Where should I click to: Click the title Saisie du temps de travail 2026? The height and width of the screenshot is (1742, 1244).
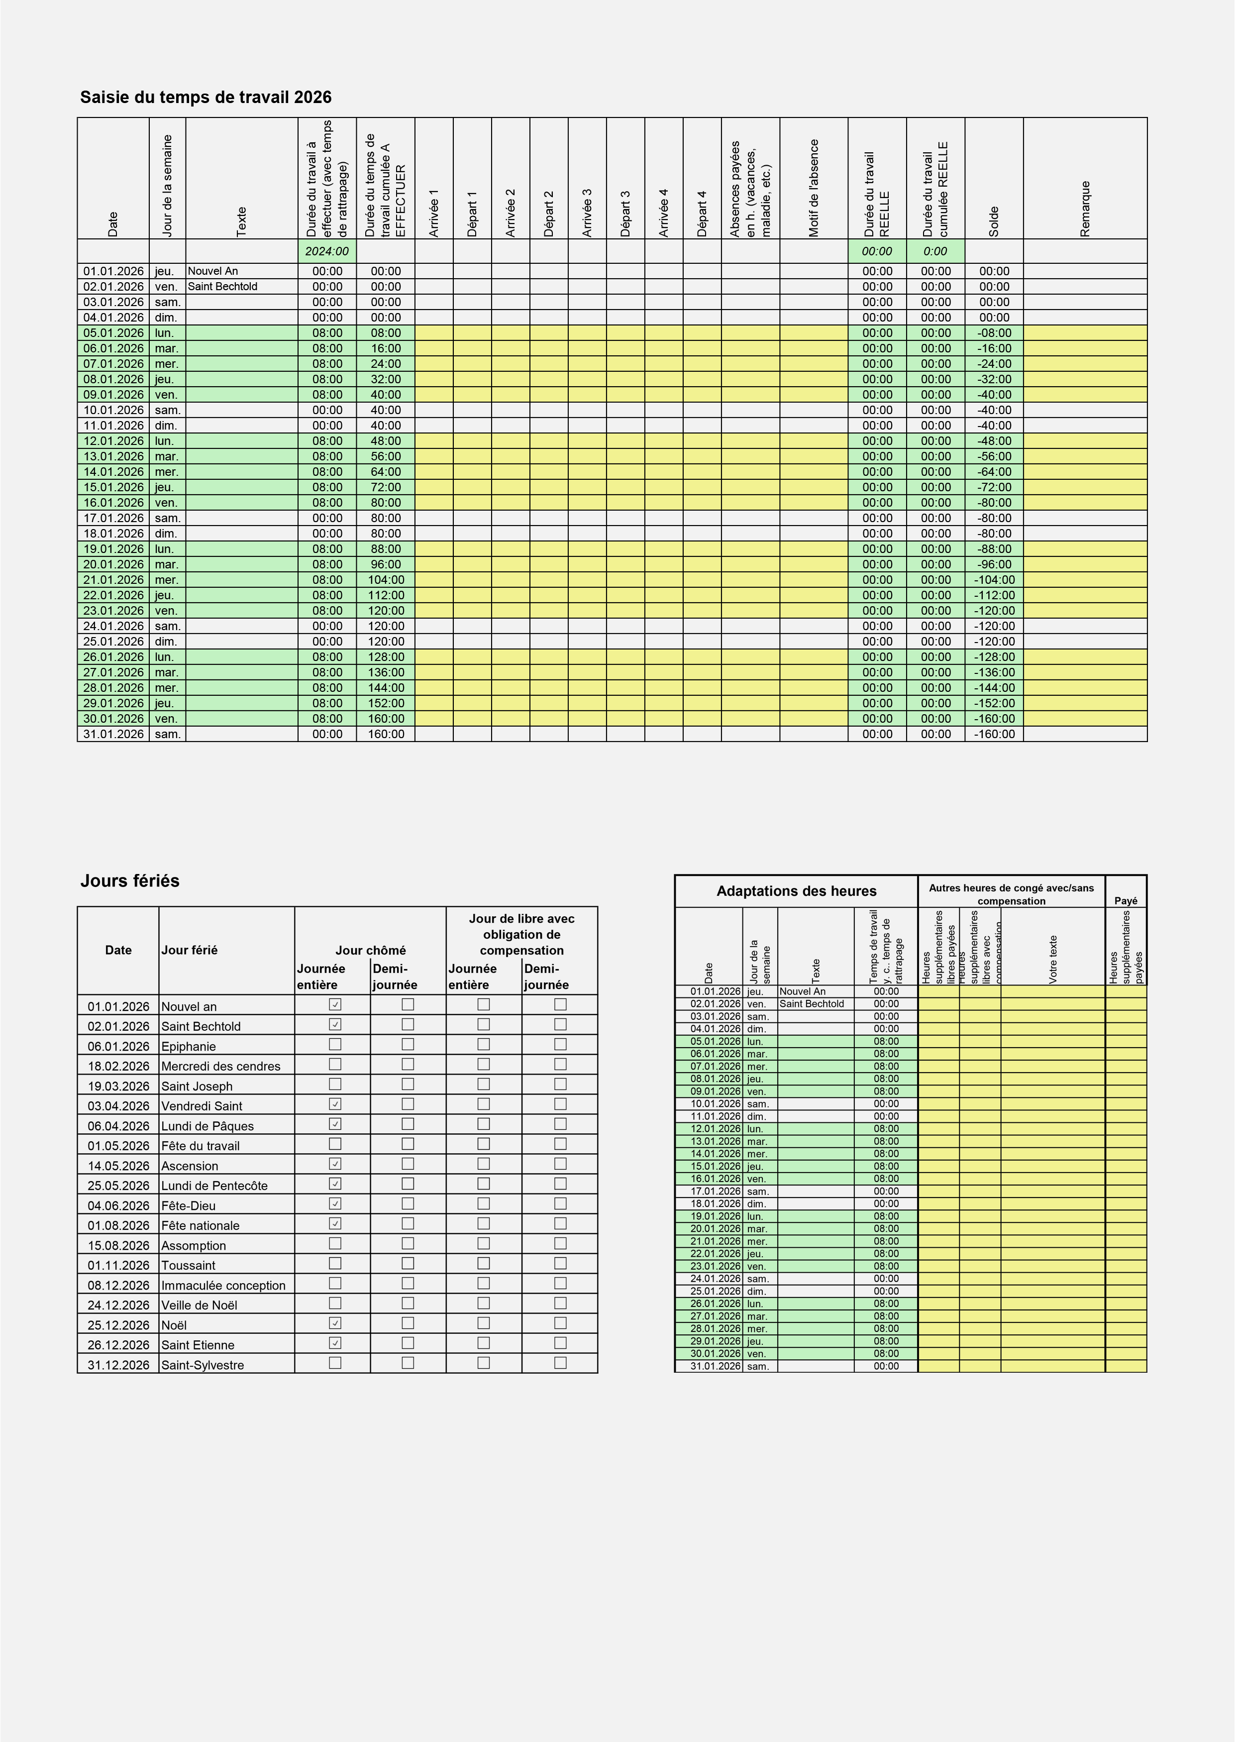(206, 97)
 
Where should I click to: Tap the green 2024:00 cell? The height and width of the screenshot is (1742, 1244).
(326, 251)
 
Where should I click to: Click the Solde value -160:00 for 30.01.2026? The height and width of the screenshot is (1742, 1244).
(994, 719)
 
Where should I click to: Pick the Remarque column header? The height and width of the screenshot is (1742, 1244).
(1085, 209)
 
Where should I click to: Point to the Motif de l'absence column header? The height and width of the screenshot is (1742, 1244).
(814, 188)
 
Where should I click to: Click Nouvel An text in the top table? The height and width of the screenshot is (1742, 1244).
(213, 271)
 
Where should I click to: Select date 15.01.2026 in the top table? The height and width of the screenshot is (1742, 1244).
(113, 487)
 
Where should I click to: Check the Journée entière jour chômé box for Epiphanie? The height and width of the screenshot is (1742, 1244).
(335, 1044)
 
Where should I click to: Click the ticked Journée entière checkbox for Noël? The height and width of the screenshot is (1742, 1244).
(335, 1323)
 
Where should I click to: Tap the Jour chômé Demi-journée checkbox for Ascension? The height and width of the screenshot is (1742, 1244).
(408, 1164)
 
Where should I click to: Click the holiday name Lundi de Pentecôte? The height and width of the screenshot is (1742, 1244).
(214, 1186)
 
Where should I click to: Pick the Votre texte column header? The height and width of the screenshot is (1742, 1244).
(1052, 959)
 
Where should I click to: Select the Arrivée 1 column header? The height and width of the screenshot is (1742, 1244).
(433, 213)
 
